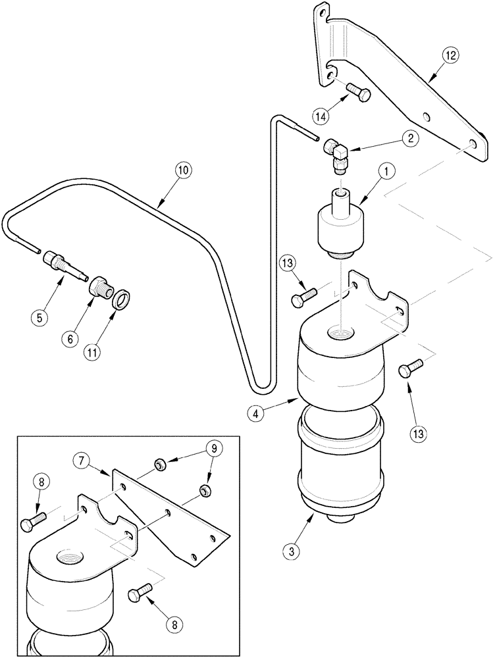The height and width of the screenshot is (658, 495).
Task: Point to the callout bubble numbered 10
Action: click(183, 170)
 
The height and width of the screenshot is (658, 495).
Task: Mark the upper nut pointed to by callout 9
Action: click(161, 466)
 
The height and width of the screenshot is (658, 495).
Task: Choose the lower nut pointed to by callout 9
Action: click(205, 490)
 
